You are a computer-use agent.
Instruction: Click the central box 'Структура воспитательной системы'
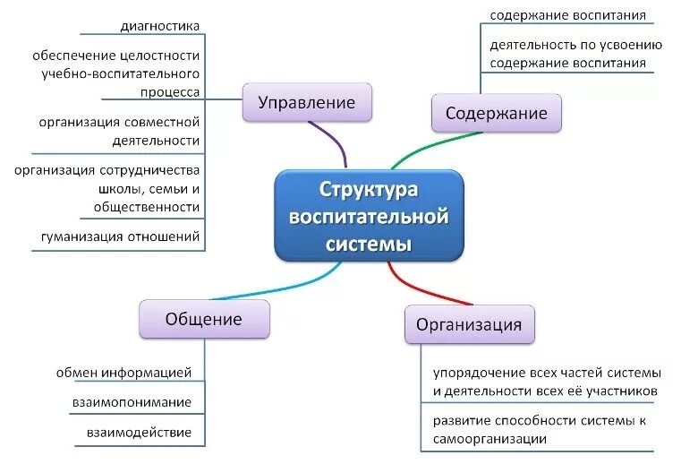pos(369,216)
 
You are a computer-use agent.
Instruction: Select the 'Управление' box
pos(306,102)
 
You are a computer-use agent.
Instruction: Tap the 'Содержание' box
pos(496,114)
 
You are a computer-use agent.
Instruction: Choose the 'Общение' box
pos(203,319)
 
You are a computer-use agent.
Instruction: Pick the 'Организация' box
pos(469,323)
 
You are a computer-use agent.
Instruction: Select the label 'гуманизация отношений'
pos(120,236)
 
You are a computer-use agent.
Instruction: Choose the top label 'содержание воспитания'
pos(567,15)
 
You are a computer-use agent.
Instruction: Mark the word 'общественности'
pos(146,206)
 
